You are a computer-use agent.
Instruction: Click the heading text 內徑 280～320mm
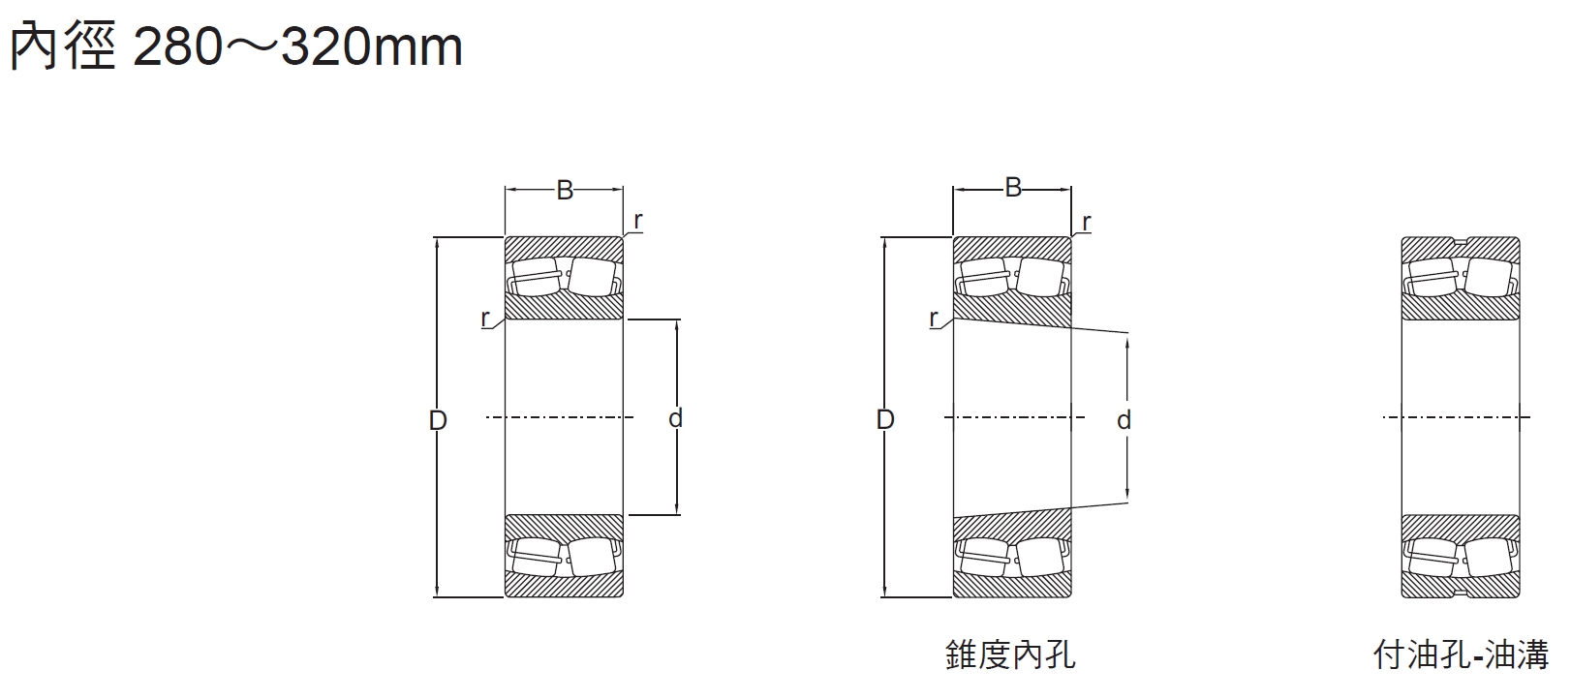click(x=235, y=46)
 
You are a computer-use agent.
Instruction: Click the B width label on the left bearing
click(x=565, y=191)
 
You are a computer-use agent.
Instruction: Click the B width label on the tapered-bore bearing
click(x=1013, y=188)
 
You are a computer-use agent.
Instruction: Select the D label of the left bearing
click(x=438, y=420)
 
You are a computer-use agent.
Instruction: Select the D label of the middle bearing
click(x=885, y=420)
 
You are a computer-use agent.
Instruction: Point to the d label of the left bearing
click(x=676, y=418)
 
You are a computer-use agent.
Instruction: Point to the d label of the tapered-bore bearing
click(x=1124, y=420)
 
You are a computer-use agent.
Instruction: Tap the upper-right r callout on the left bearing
click(x=637, y=221)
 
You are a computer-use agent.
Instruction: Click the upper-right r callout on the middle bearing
click(x=1086, y=222)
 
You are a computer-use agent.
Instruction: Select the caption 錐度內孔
click(x=1010, y=655)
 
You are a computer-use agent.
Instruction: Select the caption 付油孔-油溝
click(x=1461, y=655)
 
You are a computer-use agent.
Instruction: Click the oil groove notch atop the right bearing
click(x=1461, y=240)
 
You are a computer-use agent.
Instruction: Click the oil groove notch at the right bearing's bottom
click(x=1461, y=593)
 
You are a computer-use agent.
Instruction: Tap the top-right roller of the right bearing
click(x=1488, y=276)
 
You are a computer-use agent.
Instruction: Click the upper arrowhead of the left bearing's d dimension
click(x=676, y=324)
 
